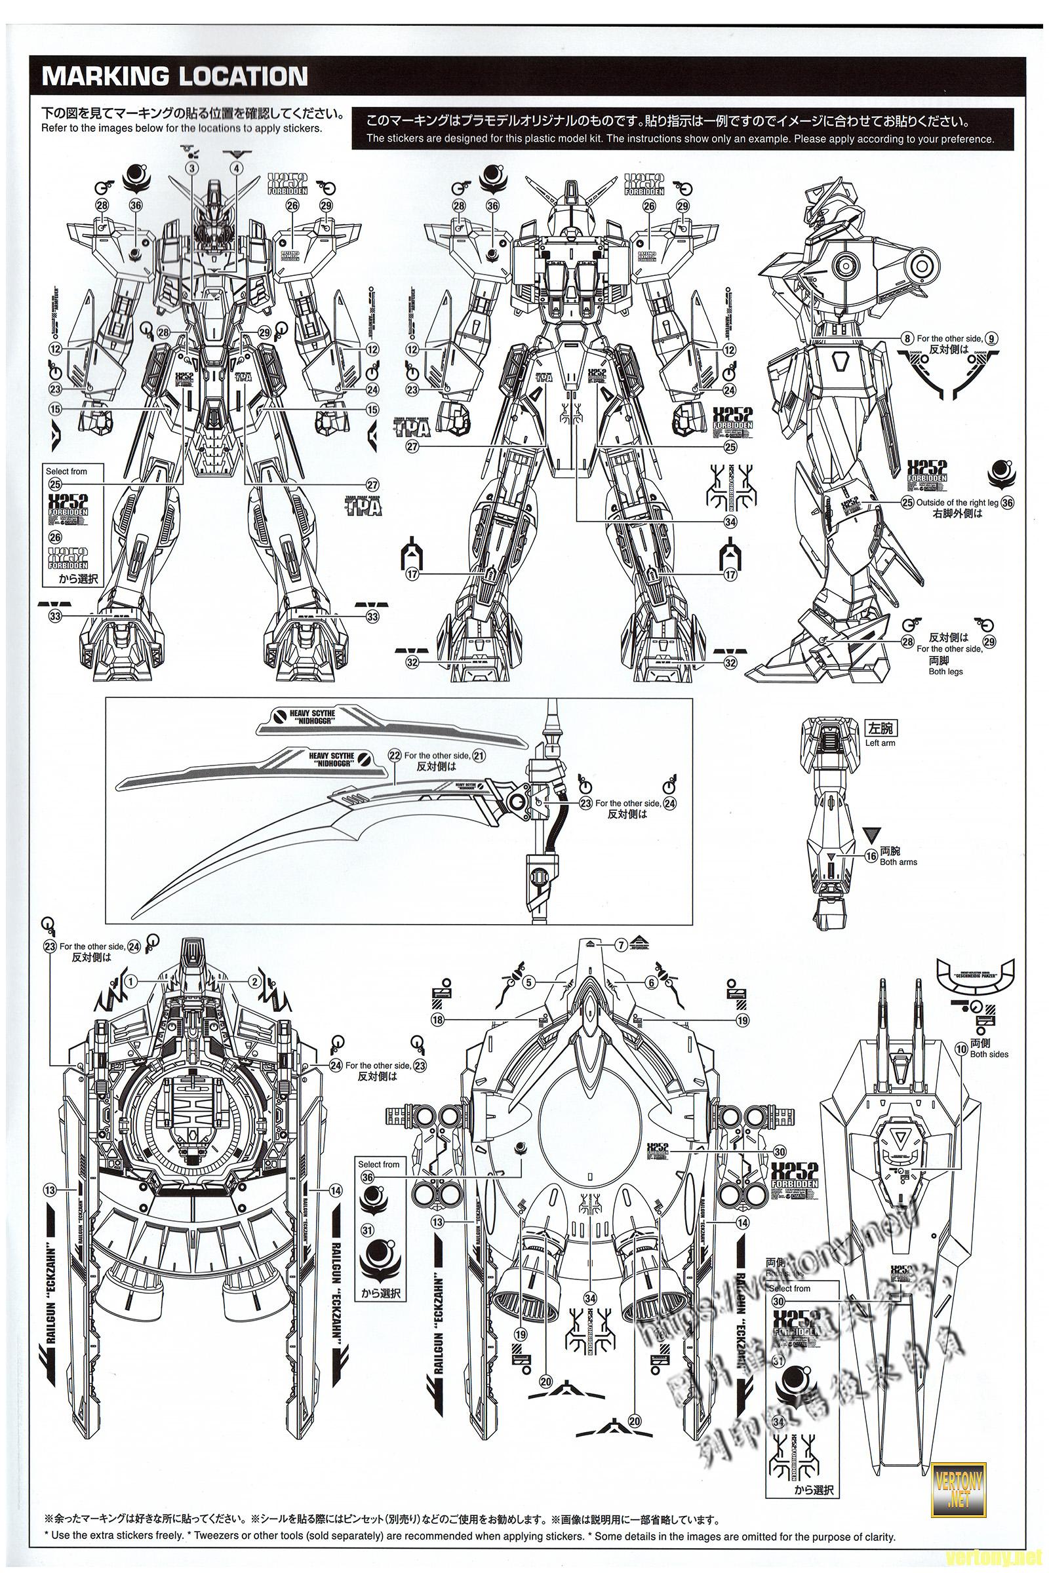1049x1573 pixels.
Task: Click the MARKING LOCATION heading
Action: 174,75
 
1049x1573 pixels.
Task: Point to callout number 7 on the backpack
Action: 622,945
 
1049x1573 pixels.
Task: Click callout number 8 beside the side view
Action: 907,338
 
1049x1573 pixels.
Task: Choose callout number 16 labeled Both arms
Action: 871,855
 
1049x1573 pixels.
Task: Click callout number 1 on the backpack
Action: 131,981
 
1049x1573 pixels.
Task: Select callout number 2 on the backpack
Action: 253,981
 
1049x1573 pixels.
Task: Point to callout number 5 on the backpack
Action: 529,982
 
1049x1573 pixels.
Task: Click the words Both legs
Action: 945,670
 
